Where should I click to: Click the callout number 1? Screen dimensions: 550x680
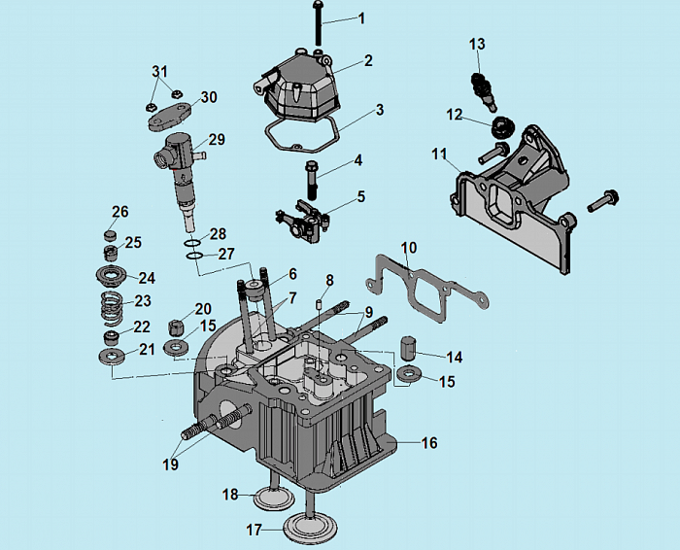click(361, 18)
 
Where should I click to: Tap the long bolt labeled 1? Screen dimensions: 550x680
click(319, 23)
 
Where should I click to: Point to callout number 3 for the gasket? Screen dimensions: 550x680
click(379, 110)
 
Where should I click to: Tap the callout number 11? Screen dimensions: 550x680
click(440, 154)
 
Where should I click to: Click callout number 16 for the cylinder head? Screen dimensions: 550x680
click(429, 443)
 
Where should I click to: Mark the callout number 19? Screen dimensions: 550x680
click(171, 464)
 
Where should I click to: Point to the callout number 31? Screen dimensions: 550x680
click(160, 72)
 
